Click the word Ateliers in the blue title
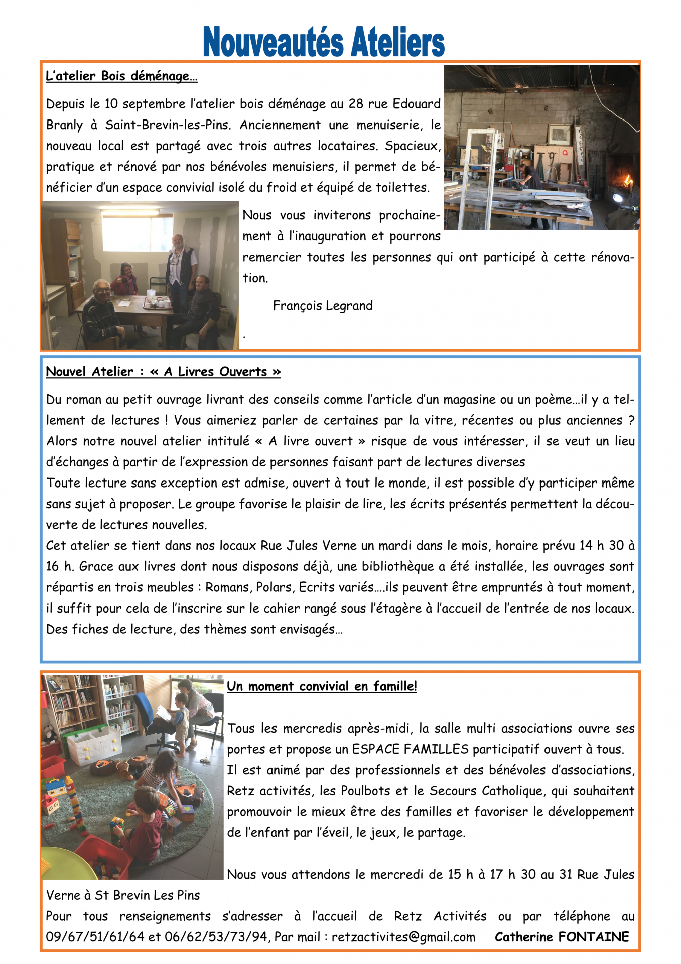[x=397, y=43]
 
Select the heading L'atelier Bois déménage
[x=121, y=76]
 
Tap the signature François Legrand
[x=323, y=306]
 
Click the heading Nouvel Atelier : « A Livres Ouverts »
[x=163, y=372]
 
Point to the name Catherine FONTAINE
[x=562, y=937]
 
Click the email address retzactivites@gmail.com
[x=403, y=937]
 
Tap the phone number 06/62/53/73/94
[x=216, y=937]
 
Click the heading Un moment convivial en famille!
[x=322, y=686]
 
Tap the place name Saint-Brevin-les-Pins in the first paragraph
[x=168, y=125]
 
